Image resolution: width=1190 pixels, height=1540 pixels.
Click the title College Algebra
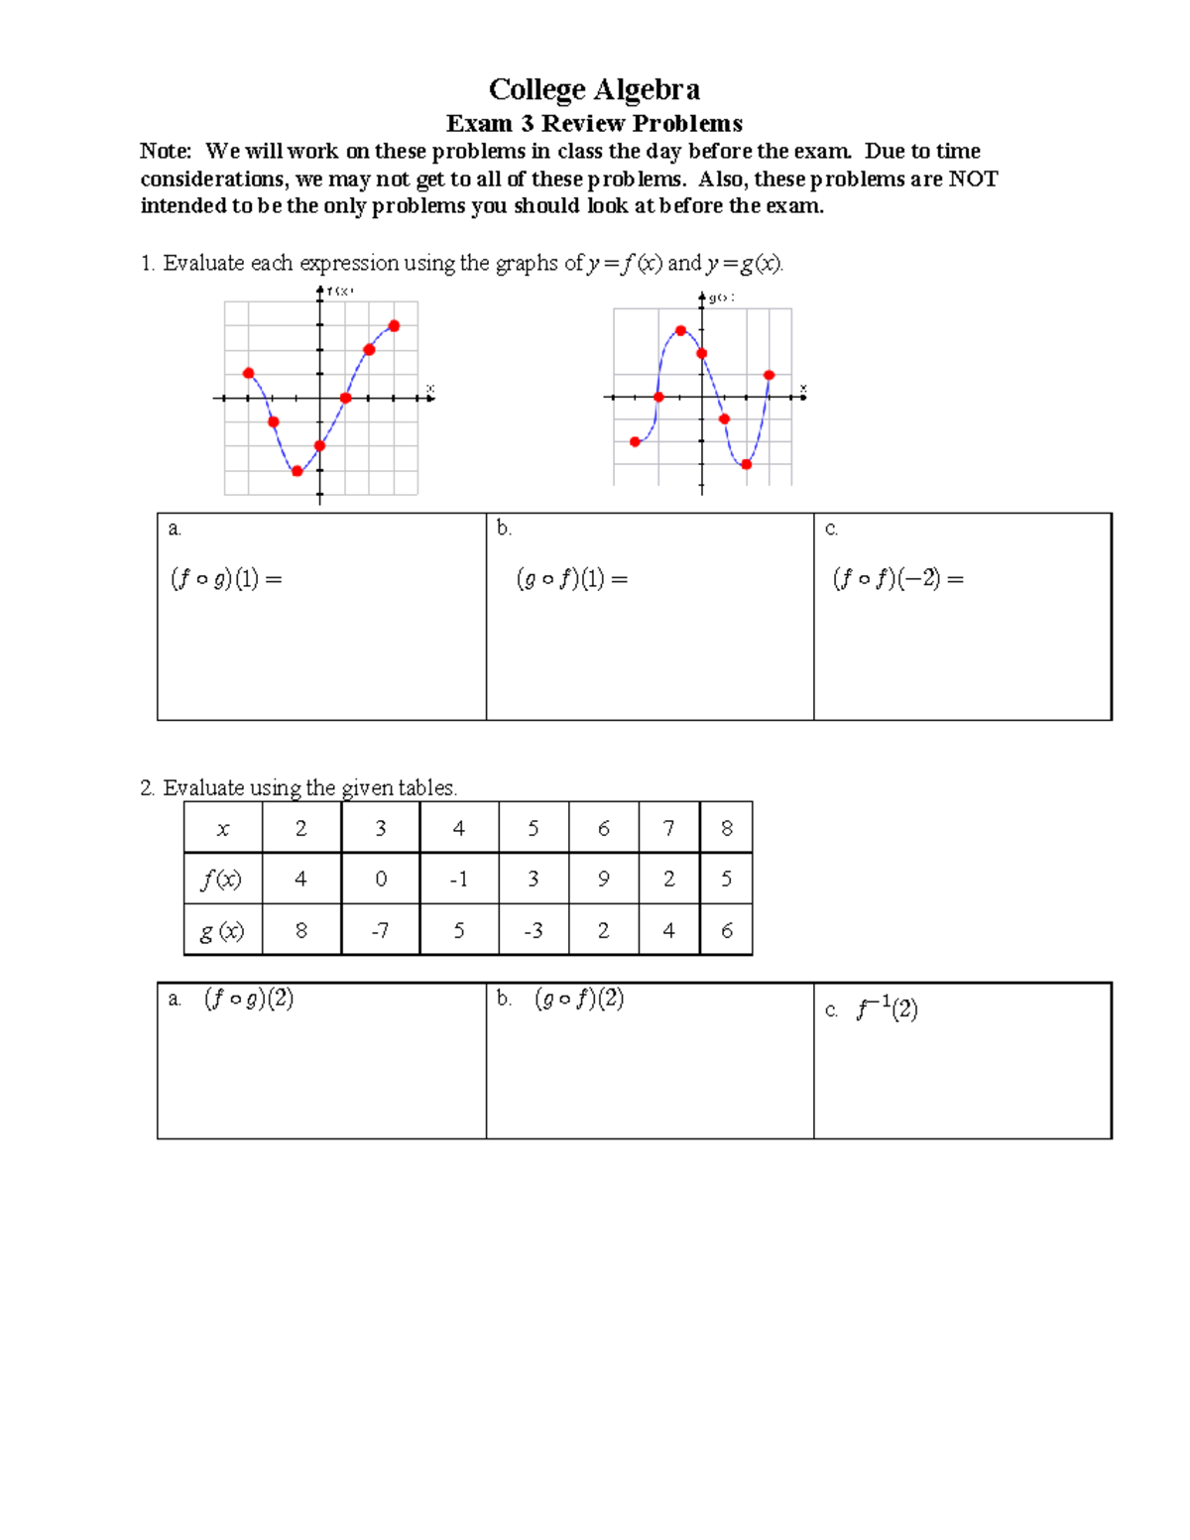[594, 89]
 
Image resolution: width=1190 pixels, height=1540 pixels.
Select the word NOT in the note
[973, 178]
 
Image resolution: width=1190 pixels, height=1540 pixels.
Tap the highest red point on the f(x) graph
[394, 326]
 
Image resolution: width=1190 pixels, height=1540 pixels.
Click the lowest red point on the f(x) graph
[297, 471]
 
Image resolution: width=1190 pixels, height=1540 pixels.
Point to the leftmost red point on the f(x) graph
[248, 374]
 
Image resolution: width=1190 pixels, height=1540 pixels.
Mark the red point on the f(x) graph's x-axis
[345, 398]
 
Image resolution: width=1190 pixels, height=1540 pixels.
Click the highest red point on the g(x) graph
[680, 331]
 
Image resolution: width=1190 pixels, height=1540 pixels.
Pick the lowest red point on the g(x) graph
[747, 464]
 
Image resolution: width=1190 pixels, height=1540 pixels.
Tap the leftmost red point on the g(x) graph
[636, 442]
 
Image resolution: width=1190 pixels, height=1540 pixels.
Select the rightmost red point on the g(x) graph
[770, 375]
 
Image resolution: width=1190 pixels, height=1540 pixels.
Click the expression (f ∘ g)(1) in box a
[226, 579]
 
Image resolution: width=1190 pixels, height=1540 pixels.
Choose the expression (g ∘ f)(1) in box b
[572, 579]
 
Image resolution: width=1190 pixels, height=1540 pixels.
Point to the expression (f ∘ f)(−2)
[897, 579]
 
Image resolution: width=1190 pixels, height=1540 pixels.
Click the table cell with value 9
[603, 879]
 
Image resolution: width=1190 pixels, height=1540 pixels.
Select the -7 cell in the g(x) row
[380, 930]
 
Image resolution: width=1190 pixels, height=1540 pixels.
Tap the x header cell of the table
[223, 829]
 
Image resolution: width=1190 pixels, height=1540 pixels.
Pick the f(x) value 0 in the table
[380, 879]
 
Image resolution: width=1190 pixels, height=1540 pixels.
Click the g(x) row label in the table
[222, 930]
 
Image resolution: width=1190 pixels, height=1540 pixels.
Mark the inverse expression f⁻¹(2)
[887, 1009]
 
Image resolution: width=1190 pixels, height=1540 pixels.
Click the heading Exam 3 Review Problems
[594, 124]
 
